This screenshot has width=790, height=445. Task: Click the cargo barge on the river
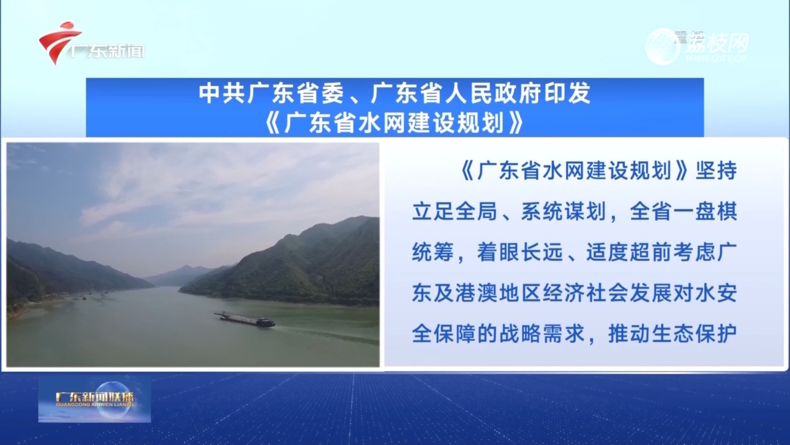(x=245, y=320)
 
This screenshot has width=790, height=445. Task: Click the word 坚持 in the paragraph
(x=716, y=171)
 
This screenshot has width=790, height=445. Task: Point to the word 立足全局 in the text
(x=455, y=211)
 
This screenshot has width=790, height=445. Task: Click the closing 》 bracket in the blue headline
(x=516, y=123)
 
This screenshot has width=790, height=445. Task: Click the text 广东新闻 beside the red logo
(x=107, y=51)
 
